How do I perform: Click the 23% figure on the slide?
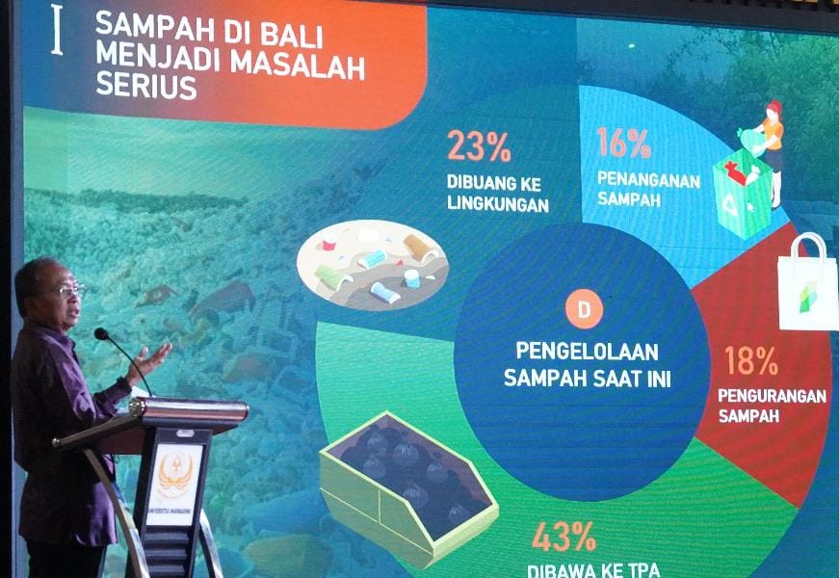click(478, 146)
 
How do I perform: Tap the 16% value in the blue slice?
click(623, 144)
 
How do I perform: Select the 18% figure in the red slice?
click(750, 360)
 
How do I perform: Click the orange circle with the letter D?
click(584, 309)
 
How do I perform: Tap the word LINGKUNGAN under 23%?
click(497, 204)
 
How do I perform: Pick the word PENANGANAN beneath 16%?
click(648, 179)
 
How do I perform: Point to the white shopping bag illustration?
click(807, 284)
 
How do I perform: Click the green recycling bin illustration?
click(742, 194)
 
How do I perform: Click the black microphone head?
click(101, 334)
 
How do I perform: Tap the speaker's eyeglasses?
click(69, 289)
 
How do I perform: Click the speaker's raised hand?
click(153, 357)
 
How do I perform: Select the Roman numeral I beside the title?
click(56, 32)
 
